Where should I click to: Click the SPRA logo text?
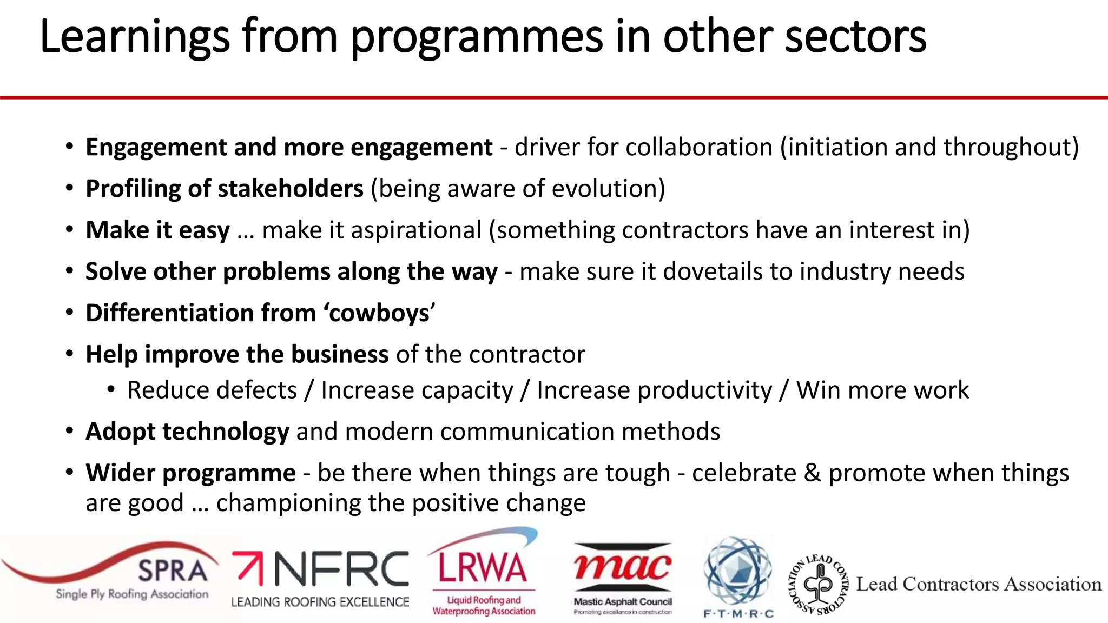pyautogui.click(x=173, y=571)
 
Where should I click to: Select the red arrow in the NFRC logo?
pyautogui.click(x=248, y=567)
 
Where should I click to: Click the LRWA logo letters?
pyautogui.click(x=482, y=568)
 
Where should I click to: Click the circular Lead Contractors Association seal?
pyautogui.click(x=818, y=584)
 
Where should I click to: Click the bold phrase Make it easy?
pyautogui.click(x=157, y=230)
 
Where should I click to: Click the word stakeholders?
pyautogui.click(x=291, y=189)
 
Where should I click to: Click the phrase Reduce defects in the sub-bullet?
pyautogui.click(x=212, y=390)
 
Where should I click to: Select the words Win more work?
pyautogui.click(x=882, y=390)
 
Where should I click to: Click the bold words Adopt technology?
pyautogui.click(x=187, y=432)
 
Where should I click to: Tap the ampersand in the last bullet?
pyautogui.click(x=812, y=473)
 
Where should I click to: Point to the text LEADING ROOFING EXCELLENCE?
pyautogui.click(x=320, y=602)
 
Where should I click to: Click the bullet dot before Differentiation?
pyautogui.click(x=69, y=313)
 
